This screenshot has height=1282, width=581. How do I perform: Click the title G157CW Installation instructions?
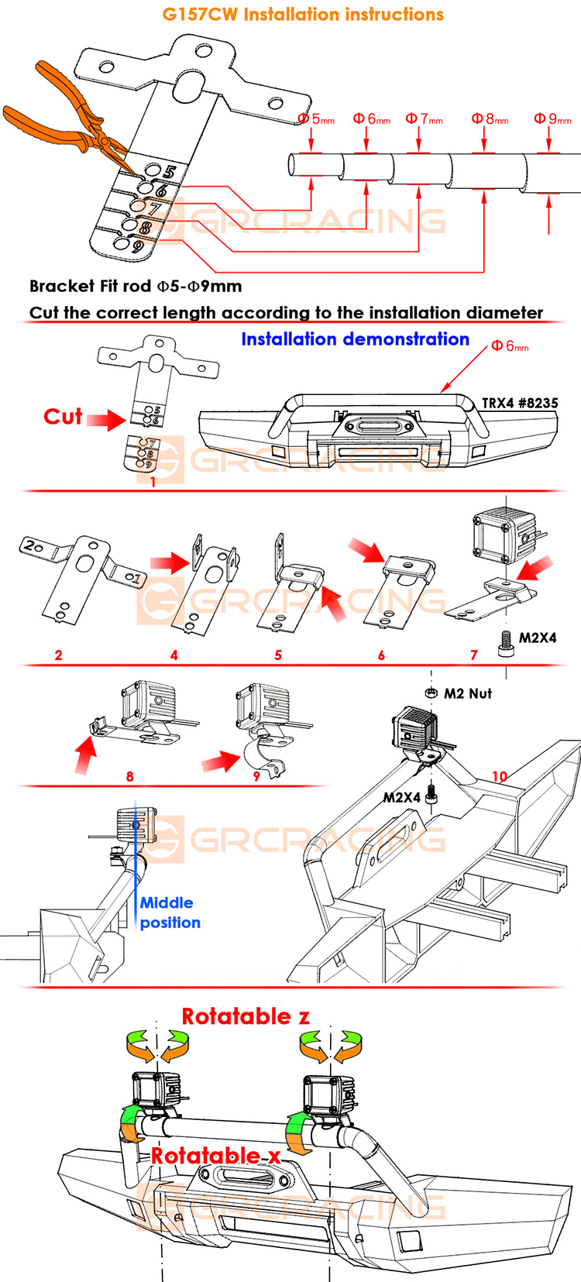tap(303, 15)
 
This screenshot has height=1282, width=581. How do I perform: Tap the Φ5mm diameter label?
tap(316, 119)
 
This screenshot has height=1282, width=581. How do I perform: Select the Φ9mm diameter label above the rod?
tap(552, 119)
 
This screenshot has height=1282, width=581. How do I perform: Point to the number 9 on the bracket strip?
tap(138, 247)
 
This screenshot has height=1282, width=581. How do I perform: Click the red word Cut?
tap(63, 417)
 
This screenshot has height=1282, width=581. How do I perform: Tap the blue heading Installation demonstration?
tap(355, 339)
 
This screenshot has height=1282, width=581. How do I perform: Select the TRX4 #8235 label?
tap(519, 403)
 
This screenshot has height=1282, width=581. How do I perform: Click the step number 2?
tap(58, 655)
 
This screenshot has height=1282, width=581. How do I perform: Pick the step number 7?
tap(474, 655)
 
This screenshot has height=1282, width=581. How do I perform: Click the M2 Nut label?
tap(468, 693)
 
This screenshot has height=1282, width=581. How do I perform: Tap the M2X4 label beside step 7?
tap(538, 638)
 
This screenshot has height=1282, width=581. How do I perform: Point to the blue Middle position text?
tap(170, 913)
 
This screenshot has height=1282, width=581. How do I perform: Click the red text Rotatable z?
tap(246, 1016)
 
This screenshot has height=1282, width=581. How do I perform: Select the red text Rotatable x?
tap(215, 1156)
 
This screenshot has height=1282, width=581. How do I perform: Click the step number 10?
tap(500, 776)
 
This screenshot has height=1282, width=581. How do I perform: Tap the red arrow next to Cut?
tap(105, 420)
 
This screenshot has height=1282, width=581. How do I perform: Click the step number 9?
tap(256, 775)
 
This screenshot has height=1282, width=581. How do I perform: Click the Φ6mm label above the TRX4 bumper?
tap(510, 346)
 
